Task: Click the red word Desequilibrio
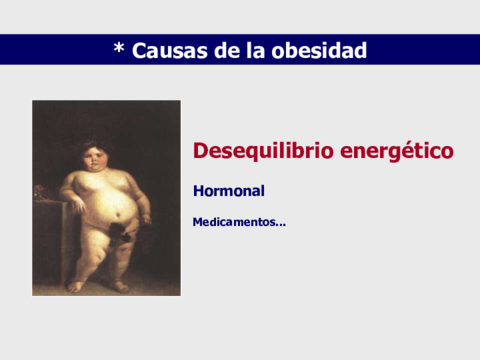point(262,151)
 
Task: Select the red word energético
point(397,152)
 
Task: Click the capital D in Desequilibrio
point(200,151)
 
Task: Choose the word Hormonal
point(229,189)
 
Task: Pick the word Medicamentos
point(233,222)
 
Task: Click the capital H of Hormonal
point(198,189)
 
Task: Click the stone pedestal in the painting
point(47,240)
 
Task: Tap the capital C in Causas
point(141,49)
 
